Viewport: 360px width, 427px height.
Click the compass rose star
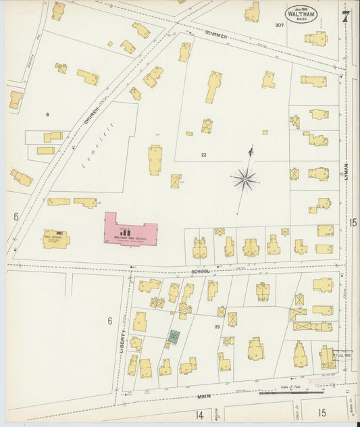click(x=244, y=179)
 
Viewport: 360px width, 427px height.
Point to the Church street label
click(x=91, y=116)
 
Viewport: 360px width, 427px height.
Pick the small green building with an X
click(x=174, y=336)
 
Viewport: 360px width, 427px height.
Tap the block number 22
click(x=203, y=155)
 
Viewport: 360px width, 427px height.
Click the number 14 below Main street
click(x=199, y=413)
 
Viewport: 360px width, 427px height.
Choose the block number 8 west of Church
click(x=47, y=114)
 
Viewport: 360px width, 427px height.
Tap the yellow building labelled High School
click(x=55, y=238)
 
